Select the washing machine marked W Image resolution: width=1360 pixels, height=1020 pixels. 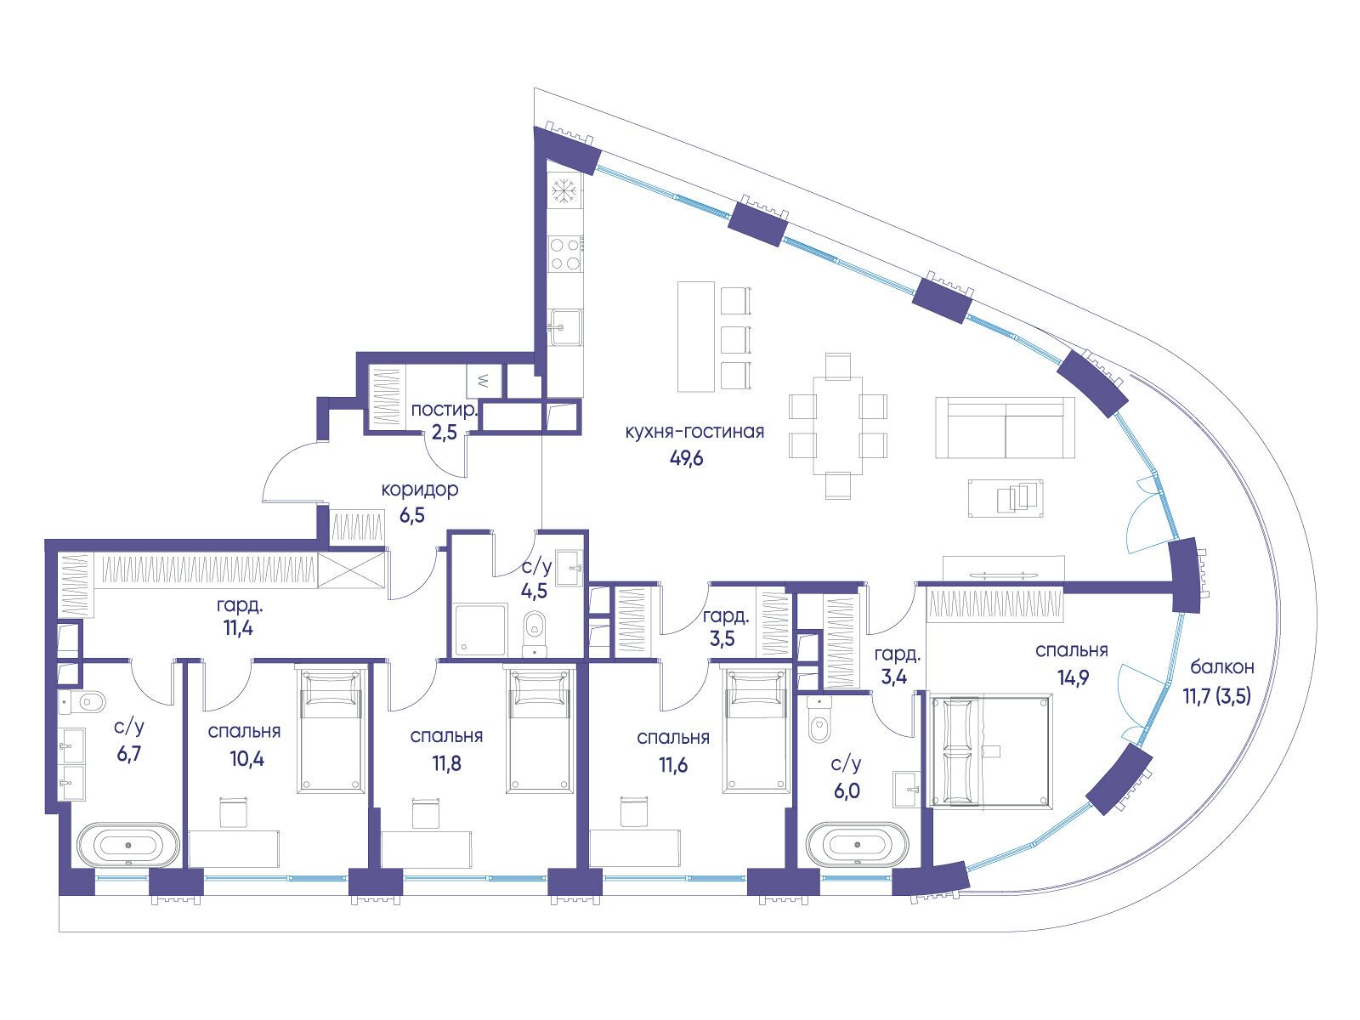(484, 381)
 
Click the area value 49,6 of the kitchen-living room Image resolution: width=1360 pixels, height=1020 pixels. (687, 458)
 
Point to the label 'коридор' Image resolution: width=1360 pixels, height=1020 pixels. (419, 490)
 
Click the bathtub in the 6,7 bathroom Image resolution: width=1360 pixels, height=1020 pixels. (128, 844)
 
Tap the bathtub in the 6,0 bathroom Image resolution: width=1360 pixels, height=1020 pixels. (858, 843)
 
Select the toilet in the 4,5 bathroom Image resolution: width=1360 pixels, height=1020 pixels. (534, 633)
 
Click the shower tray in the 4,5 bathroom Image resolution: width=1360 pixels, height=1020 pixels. (480, 630)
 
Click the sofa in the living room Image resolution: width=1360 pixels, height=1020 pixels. (1005, 428)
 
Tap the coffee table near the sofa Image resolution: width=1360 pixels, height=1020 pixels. (1006, 498)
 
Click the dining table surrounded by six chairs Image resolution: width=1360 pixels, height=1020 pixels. (838, 425)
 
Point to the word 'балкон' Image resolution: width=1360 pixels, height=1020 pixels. (1221, 667)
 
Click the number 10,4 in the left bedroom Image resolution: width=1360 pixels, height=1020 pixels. (246, 758)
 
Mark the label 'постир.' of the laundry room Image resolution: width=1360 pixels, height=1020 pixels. (445, 410)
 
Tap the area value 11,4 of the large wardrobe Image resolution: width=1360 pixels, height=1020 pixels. (239, 628)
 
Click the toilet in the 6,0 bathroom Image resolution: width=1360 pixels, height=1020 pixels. (820, 719)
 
